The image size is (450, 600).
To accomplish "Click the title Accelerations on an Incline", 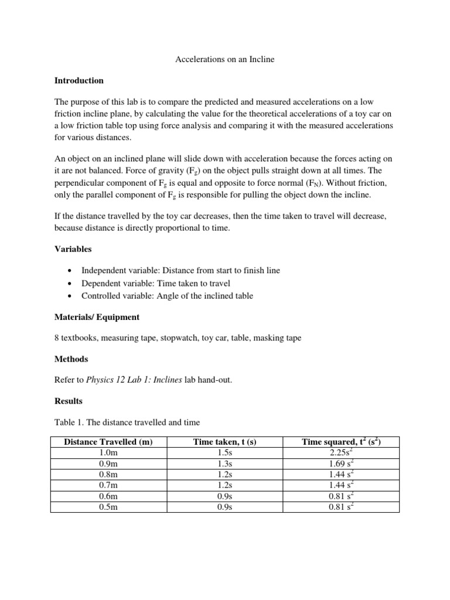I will coord(225,60).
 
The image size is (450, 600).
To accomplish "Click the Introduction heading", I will coord(79,80).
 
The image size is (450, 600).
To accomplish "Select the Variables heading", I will coord(73,249).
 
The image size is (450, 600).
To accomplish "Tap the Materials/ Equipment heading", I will coord(97,317).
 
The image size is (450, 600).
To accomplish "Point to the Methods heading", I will coord(71,359).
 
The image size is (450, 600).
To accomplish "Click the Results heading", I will coord(69,401).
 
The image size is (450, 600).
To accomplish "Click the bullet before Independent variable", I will coord(70,271).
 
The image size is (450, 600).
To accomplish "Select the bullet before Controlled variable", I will coord(70,296).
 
